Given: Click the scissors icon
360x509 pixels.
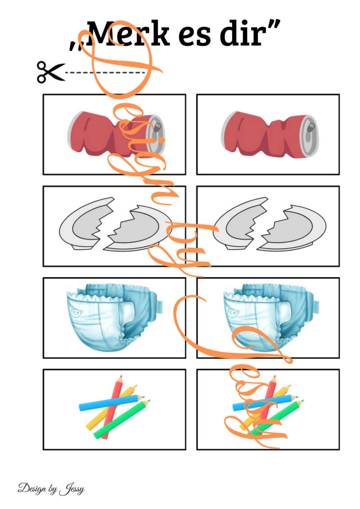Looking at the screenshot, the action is pyautogui.click(x=50, y=72).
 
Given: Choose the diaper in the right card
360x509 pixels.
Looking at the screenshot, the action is pyautogui.click(x=270, y=316).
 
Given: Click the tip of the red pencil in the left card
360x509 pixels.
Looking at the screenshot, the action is pyautogui.click(x=121, y=377).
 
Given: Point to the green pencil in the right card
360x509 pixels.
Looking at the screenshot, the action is pyautogui.click(x=275, y=419).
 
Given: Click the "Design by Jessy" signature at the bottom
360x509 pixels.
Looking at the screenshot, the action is pyautogui.click(x=51, y=489).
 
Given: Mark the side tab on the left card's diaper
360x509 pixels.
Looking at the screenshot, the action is pyautogui.click(x=159, y=303).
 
